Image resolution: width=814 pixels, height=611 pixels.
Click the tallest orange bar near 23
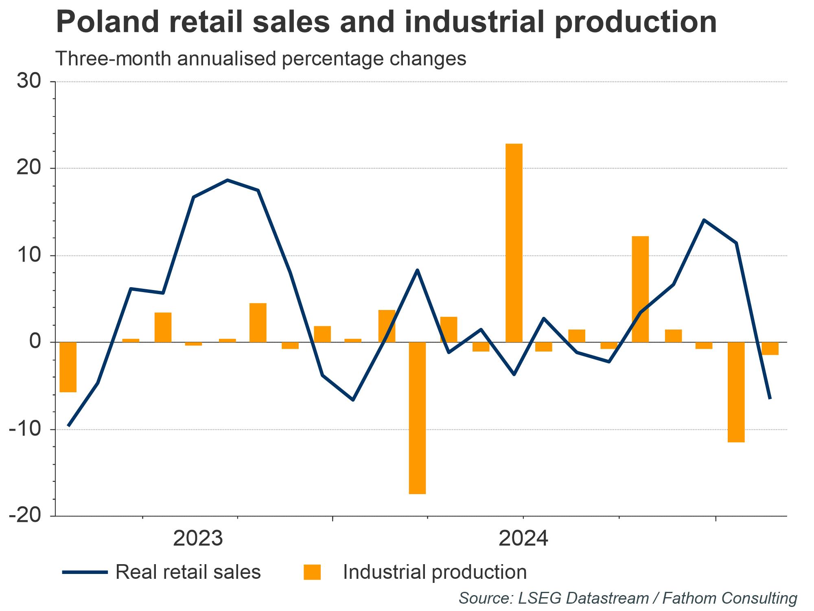[x=514, y=243]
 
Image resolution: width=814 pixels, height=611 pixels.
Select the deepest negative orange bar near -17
[x=417, y=418]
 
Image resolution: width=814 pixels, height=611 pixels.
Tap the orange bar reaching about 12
[x=640, y=289]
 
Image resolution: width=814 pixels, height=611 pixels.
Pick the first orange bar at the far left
[x=68, y=367]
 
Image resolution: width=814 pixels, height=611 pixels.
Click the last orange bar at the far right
[x=770, y=349]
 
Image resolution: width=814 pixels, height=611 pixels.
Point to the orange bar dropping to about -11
[x=736, y=392]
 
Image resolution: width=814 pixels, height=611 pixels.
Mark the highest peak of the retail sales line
[x=227, y=180]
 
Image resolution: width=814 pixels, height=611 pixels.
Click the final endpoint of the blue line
[x=770, y=398]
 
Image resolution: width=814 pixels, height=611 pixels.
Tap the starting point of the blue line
[x=68, y=426]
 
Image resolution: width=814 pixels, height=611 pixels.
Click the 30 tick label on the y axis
[x=29, y=81]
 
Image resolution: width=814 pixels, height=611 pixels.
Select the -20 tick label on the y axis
[x=25, y=516]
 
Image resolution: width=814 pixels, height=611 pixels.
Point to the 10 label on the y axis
[x=29, y=255]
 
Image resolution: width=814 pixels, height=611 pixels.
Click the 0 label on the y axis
[x=35, y=342]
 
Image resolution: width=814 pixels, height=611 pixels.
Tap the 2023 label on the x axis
[x=198, y=539]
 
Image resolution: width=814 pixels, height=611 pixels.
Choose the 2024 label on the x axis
[x=523, y=539]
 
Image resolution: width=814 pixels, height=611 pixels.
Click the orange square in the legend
[x=312, y=572]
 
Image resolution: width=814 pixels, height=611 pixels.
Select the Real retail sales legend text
[x=188, y=572]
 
